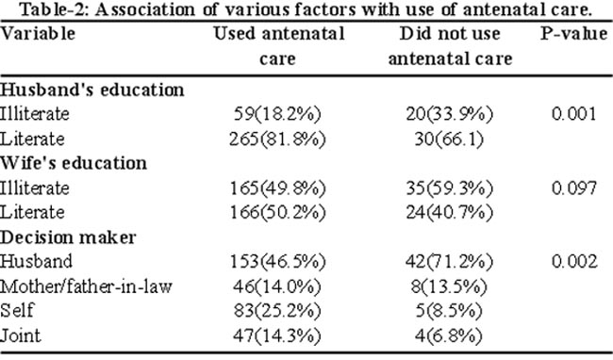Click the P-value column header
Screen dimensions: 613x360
(574, 34)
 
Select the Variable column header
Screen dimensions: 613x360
(38, 34)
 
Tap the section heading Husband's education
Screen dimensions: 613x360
(91, 90)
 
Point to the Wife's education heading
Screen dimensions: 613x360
(74, 163)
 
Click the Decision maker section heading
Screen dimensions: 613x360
(68, 237)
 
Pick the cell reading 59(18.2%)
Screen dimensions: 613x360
(277, 114)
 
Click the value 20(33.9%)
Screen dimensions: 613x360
(449, 114)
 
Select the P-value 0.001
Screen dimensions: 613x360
(574, 114)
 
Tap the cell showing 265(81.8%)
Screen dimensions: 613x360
(277, 139)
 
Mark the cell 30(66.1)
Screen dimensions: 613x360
(449, 139)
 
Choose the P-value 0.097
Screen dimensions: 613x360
(574, 188)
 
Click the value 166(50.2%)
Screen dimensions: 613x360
(277, 213)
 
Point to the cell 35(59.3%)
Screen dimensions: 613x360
(449, 188)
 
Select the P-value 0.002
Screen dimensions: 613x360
(574, 261)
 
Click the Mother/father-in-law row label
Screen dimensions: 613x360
(86, 287)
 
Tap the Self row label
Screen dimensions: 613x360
(17, 311)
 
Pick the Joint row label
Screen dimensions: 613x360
(21, 335)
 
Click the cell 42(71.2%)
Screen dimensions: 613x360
(449, 262)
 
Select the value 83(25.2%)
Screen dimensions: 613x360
(277, 311)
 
